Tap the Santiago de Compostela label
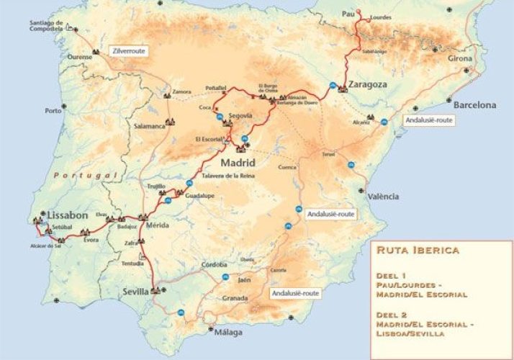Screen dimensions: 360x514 click(x=51, y=27)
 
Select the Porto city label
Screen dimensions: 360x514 click(x=53, y=111)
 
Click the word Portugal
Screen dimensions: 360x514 click(x=86, y=175)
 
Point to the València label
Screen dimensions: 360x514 click(x=382, y=196)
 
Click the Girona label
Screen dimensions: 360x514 click(x=460, y=58)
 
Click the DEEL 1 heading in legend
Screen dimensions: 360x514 click(x=389, y=275)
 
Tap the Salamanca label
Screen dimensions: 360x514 click(x=150, y=125)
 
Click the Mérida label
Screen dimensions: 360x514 click(x=157, y=225)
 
